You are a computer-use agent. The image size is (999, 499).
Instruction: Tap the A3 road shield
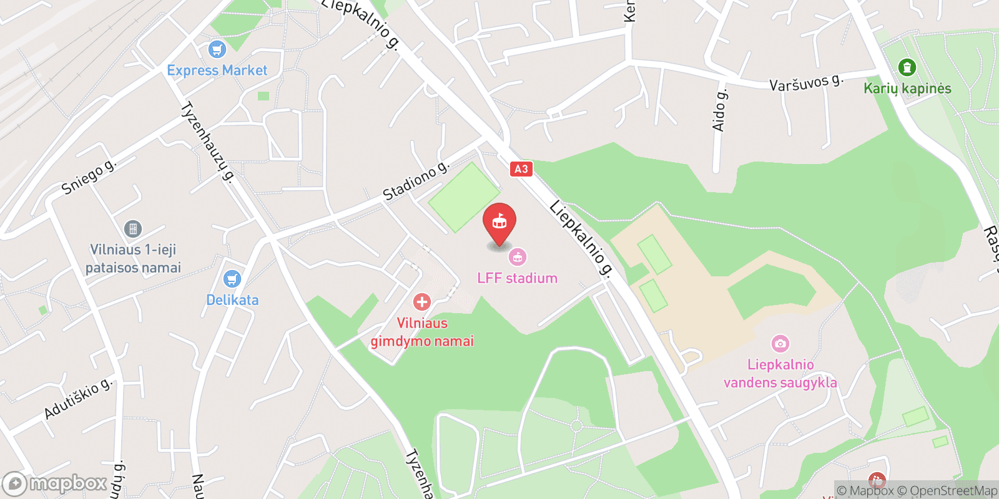point(521,168)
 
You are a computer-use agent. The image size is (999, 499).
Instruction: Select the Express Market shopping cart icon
point(217,49)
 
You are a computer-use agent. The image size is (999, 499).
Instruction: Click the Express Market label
point(217,70)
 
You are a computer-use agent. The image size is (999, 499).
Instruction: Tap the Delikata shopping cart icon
point(232,278)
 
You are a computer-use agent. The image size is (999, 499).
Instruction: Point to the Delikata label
point(232,300)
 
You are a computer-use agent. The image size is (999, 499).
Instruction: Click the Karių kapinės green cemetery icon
point(907,67)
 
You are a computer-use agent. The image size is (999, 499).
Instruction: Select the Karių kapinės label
point(907,89)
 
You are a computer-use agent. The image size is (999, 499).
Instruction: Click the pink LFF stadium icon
point(517,256)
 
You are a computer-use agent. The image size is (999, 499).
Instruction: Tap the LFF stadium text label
point(517,278)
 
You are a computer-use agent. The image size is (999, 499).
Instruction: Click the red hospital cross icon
point(422,302)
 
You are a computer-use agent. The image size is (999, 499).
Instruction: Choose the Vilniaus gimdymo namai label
point(422,332)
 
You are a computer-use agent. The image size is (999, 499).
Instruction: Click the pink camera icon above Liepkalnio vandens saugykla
point(780,343)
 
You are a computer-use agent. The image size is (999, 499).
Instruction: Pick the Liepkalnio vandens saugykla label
point(780,373)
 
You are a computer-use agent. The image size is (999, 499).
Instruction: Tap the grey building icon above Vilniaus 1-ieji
point(133,228)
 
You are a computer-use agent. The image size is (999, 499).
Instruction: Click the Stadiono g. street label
point(416,182)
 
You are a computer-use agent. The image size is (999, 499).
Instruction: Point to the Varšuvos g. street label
point(806,82)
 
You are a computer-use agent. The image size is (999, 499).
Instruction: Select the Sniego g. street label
point(89,177)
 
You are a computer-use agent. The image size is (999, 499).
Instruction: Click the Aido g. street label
point(720,110)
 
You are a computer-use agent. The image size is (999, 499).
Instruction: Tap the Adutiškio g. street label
point(79,399)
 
